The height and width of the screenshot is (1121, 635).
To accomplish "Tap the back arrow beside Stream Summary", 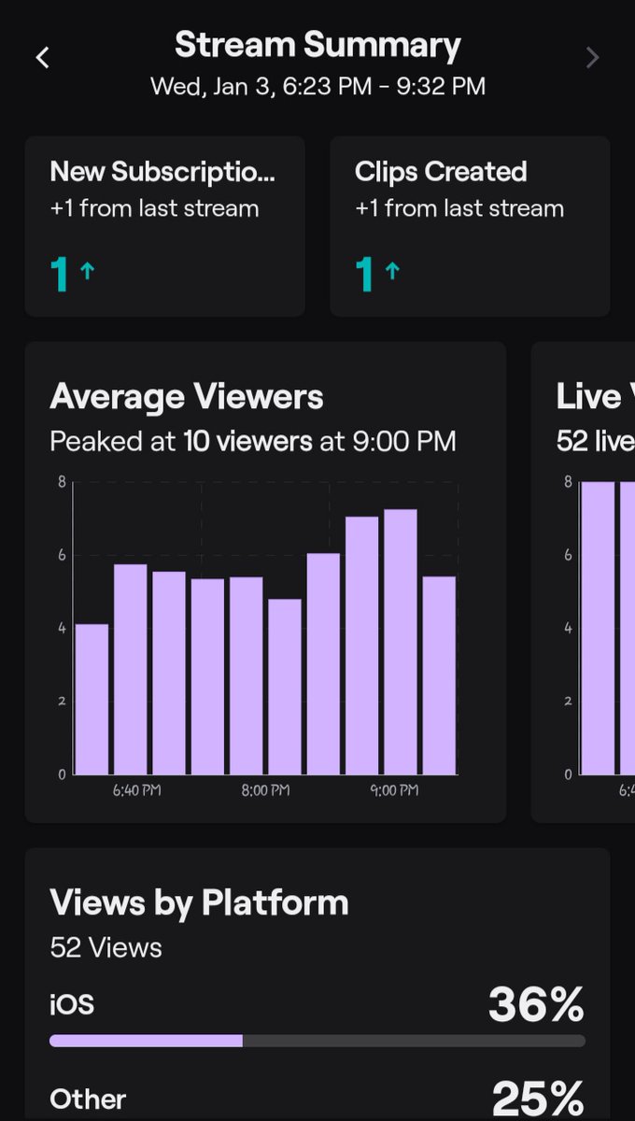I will click(42, 58).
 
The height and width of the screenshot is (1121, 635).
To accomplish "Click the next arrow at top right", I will click(592, 58).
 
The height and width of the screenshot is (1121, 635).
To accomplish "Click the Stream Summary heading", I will click(317, 45).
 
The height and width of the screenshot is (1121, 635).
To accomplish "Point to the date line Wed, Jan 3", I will click(317, 87).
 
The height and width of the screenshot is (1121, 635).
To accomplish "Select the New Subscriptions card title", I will click(162, 172).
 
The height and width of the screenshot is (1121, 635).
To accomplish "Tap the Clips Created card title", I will click(441, 172).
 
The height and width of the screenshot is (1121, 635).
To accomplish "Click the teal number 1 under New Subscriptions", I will click(60, 274).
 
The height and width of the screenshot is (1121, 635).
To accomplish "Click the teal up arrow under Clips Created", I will click(392, 272).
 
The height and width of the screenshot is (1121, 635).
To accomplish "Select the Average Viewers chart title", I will click(187, 397).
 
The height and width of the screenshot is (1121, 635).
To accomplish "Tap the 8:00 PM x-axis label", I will click(265, 790).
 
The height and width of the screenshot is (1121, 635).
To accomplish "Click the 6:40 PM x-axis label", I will click(136, 790).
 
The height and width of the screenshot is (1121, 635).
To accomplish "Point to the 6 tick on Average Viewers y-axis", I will click(62, 555).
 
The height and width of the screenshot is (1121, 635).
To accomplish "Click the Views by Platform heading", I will click(199, 903).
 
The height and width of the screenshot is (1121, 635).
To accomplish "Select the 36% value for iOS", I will click(536, 1005).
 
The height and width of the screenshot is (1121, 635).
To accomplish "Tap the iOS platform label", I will click(72, 1005).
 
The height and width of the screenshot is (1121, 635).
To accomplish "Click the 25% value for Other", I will click(538, 1099).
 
